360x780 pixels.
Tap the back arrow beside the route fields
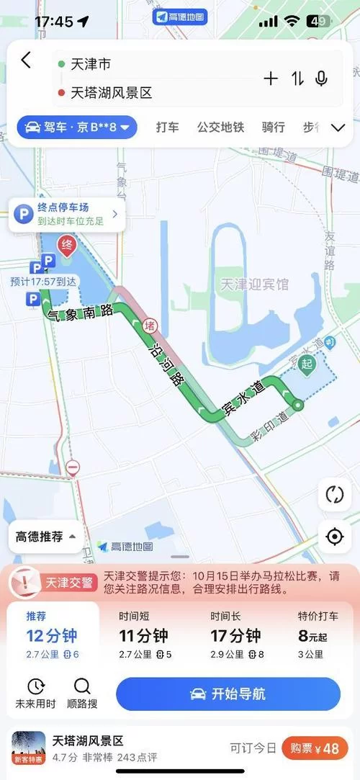(26, 60)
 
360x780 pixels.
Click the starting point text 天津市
(90, 65)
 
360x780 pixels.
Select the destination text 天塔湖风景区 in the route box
(111, 93)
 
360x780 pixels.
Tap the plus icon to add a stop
(271, 79)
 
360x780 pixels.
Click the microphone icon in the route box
(321, 79)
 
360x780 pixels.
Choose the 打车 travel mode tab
(168, 127)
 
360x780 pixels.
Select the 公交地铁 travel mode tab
(220, 127)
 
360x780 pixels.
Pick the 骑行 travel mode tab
(273, 127)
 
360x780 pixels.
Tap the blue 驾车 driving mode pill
(77, 128)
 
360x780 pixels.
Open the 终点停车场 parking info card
(67, 214)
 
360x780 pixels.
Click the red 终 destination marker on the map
(67, 245)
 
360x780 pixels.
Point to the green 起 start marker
(307, 363)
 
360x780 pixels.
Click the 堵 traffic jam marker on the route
(150, 325)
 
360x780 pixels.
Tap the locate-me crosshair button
(334, 537)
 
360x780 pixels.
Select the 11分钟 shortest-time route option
(144, 635)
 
